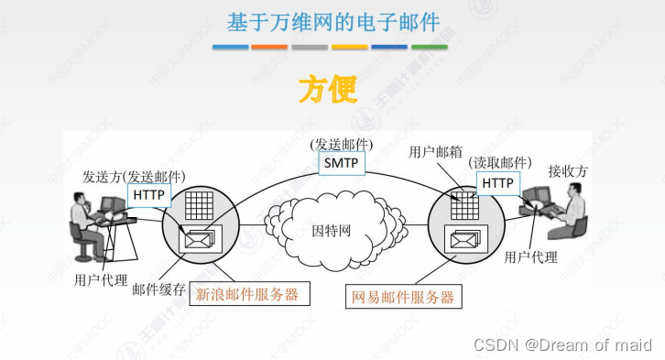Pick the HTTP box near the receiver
tap(497, 183)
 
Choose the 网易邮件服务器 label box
tap(403, 297)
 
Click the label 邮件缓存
tap(158, 289)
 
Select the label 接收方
tap(565, 171)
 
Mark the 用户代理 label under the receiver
tap(531, 257)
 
